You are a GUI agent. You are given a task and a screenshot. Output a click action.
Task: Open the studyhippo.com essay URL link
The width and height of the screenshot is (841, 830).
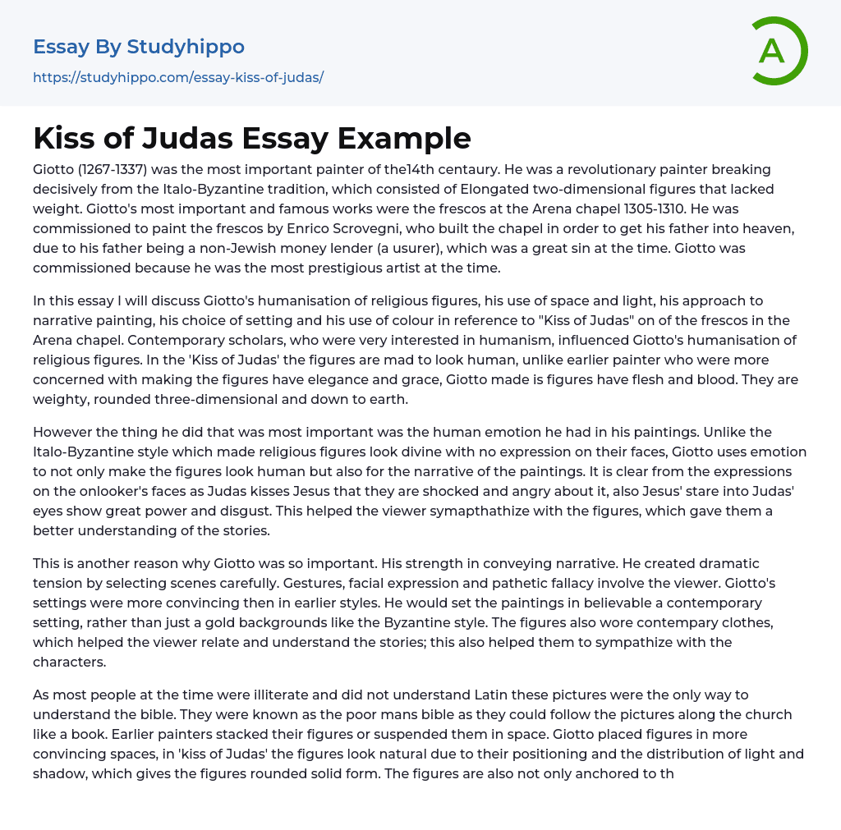(x=178, y=77)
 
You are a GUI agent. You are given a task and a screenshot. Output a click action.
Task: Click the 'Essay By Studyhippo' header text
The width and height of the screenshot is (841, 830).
(x=139, y=47)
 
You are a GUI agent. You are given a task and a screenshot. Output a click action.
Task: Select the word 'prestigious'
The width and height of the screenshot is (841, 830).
(x=324, y=268)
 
